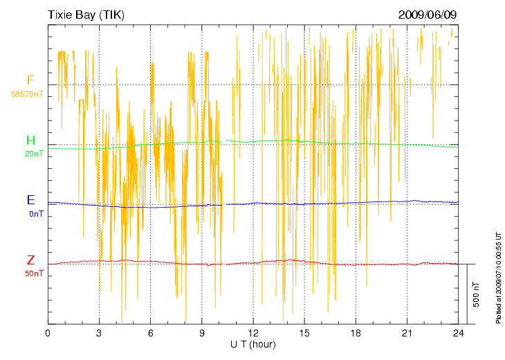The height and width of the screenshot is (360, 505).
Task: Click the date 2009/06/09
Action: coord(428,15)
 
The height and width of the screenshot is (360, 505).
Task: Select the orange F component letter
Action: coord(30,80)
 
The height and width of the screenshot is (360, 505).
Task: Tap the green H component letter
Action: coord(30,141)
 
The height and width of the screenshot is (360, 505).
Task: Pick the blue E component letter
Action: coord(30,201)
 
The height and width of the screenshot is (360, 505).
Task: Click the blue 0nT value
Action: coord(36,214)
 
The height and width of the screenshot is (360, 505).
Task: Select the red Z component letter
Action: coord(30,261)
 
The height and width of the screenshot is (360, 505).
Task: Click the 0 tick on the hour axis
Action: coord(48,334)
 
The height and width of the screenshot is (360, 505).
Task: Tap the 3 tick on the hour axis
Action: coord(99,334)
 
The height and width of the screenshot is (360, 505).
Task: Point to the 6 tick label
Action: coord(150,334)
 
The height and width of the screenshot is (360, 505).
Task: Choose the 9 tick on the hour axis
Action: coord(202,334)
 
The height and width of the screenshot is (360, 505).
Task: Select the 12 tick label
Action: coord(253,334)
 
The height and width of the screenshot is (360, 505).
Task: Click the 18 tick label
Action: coord(356,334)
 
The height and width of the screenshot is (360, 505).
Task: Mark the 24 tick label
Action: coord(458,334)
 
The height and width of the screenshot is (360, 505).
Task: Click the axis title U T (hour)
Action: coord(253,344)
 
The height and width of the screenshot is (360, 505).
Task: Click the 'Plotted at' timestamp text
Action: coord(498,277)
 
